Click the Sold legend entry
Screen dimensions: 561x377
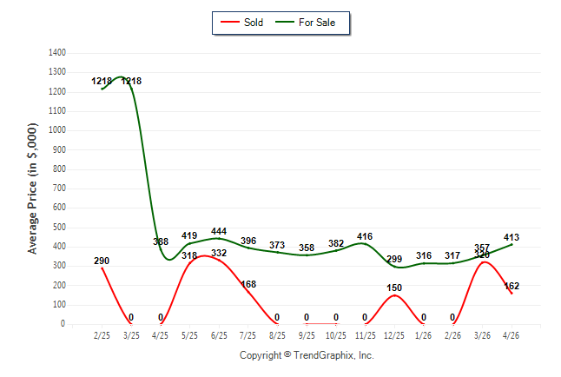click(x=242, y=23)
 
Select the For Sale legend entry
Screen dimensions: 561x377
click(x=305, y=23)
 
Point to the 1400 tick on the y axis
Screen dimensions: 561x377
click(x=57, y=53)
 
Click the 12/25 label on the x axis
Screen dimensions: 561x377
click(x=394, y=335)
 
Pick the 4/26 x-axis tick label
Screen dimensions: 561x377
click(x=511, y=335)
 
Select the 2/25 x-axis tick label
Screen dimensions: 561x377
click(x=102, y=335)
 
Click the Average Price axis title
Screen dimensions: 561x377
click(x=32, y=188)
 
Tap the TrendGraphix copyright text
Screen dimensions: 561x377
click(x=307, y=355)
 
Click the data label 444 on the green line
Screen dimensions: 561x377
click(x=219, y=231)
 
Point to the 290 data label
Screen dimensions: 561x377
click(x=102, y=261)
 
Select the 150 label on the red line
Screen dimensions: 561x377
click(x=394, y=288)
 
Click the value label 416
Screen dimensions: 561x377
click(x=365, y=236)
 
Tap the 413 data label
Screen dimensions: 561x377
click(x=511, y=237)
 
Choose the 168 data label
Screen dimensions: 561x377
click(x=248, y=284)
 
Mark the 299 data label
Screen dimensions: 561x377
click(x=394, y=259)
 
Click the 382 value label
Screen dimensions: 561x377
click(x=336, y=243)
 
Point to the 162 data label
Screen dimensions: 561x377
click(x=511, y=286)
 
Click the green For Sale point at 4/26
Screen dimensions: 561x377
click(x=511, y=245)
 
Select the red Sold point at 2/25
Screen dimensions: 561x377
click(x=102, y=268)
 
